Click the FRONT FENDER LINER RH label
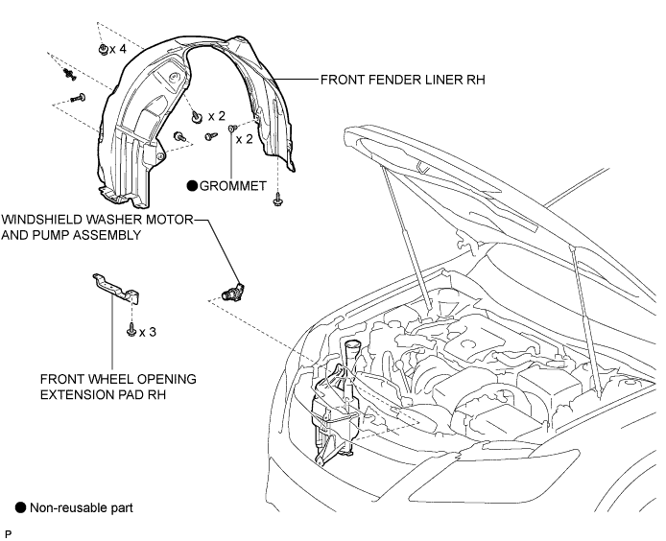tap(402, 80)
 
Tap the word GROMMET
tap(233, 186)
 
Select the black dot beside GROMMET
tap(192, 186)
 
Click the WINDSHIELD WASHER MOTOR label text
tap(97, 220)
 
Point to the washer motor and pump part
tap(232, 292)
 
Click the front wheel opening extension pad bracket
tap(116, 288)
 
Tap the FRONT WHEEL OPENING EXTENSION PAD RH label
tap(118, 387)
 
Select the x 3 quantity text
tap(148, 332)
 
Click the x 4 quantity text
tap(118, 49)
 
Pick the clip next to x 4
tap(103, 49)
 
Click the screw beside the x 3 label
tap(131, 330)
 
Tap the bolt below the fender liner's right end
tap(277, 199)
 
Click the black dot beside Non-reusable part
tap(20, 507)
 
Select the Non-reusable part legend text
tap(82, 507)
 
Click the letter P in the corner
tap(8, 533)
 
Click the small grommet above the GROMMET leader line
tap(231, 128)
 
